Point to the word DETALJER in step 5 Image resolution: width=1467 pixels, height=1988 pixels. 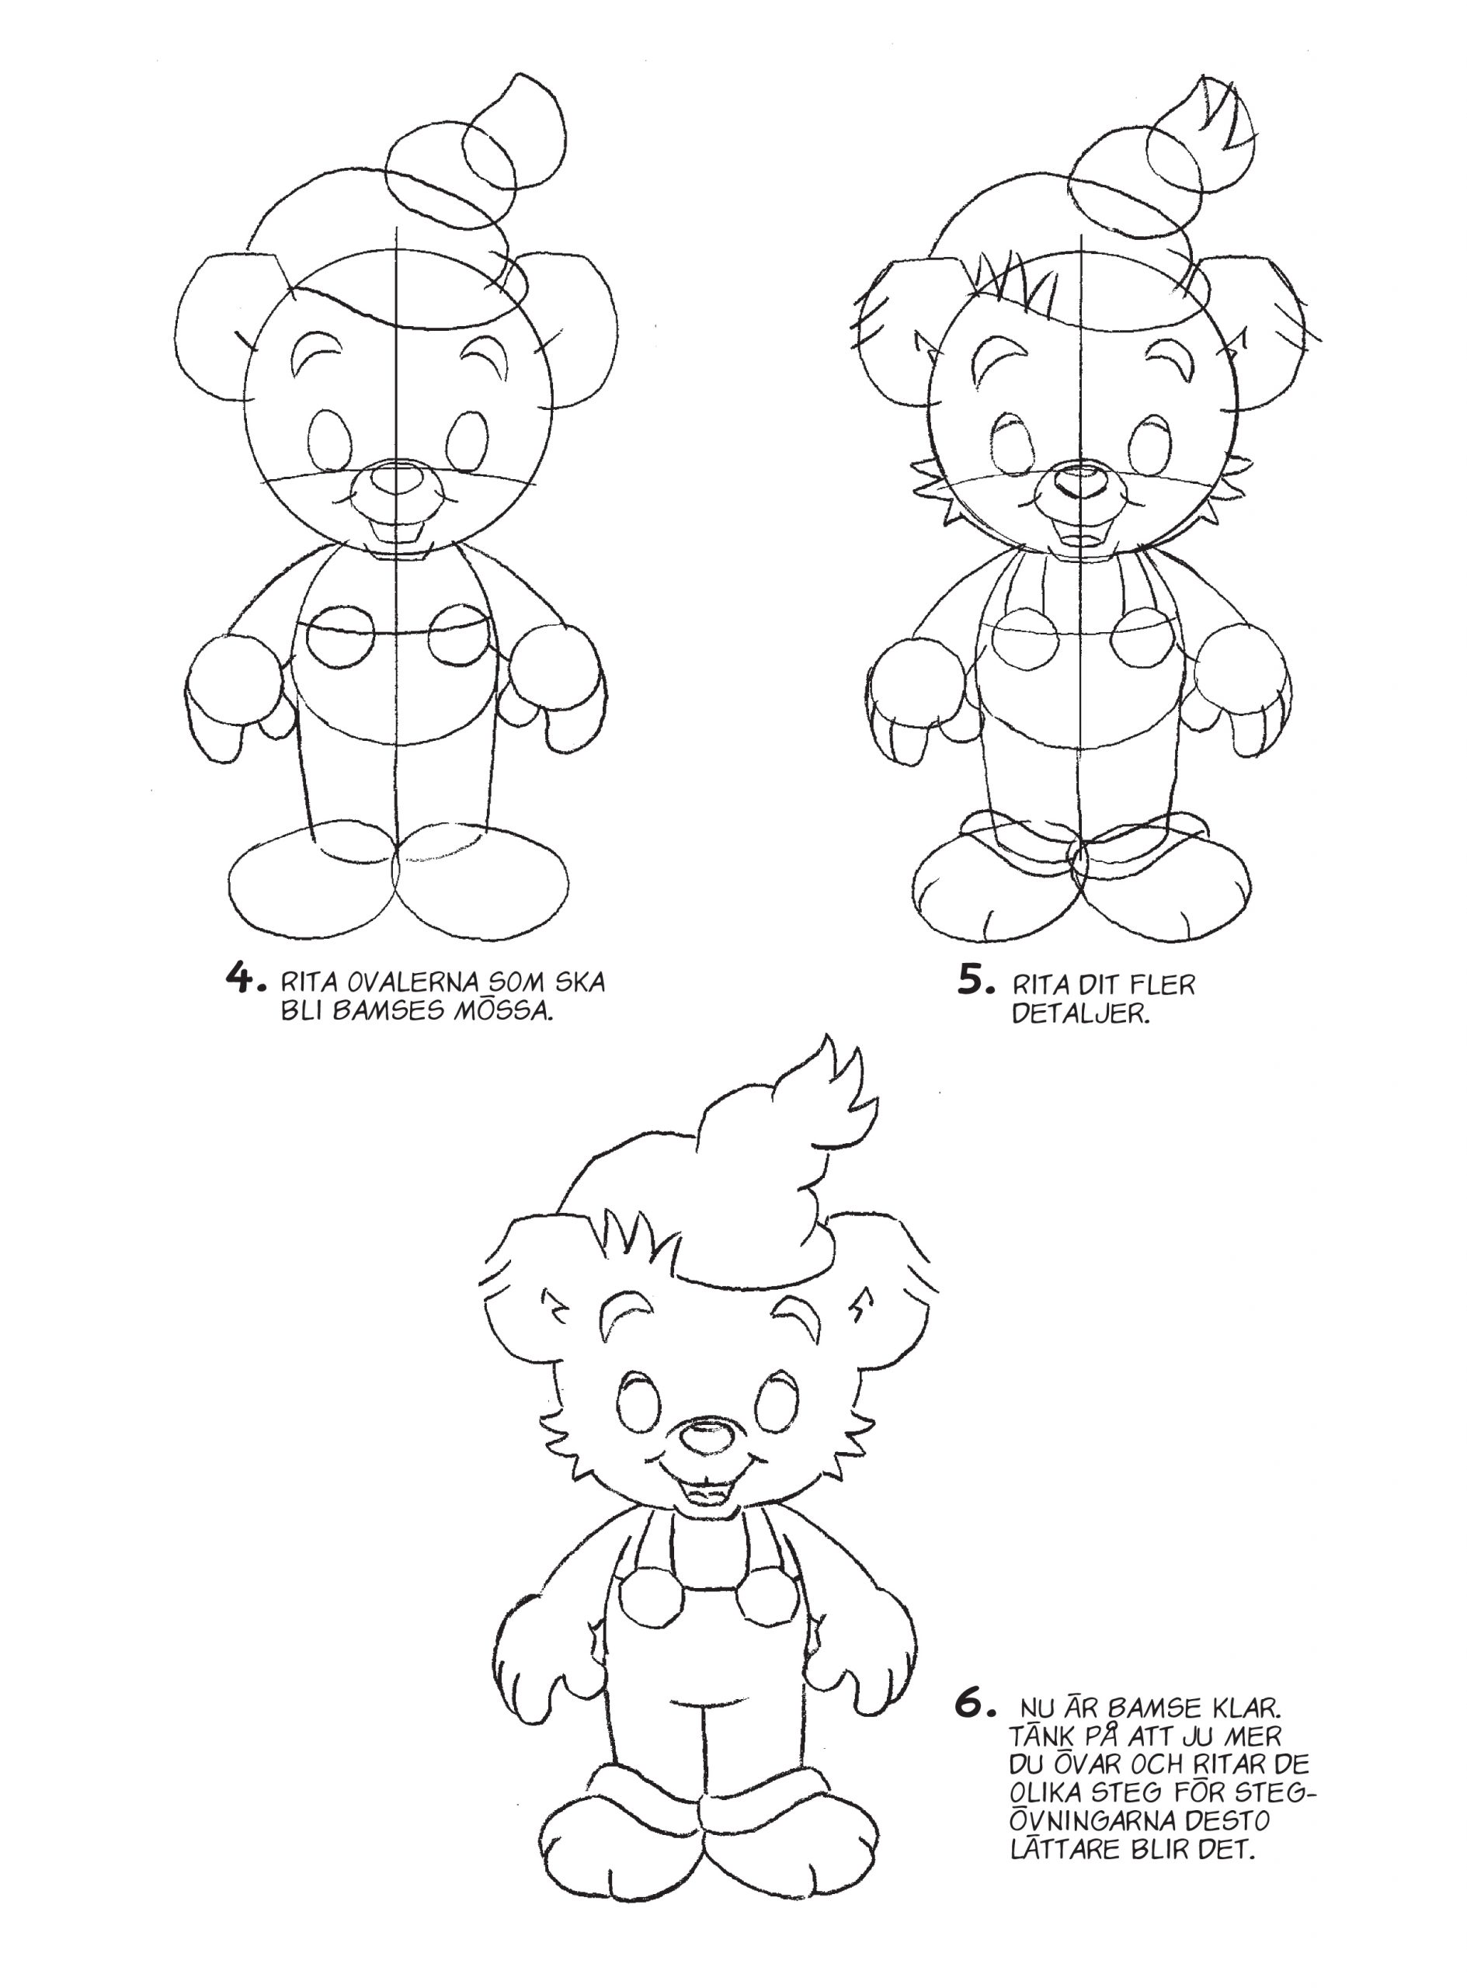click(x=1081, y=1013)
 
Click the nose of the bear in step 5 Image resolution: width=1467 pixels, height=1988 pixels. click(x=1081, y=482)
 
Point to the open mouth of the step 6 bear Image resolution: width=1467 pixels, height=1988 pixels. click(x=707, y=1491)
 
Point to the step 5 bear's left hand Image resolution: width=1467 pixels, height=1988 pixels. click(x=913, y=701)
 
